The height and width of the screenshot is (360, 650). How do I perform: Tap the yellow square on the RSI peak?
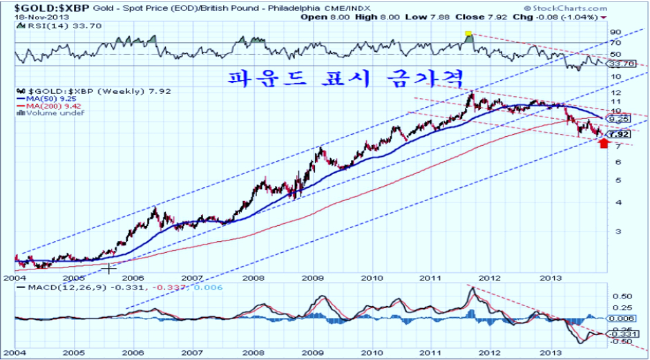[468, 33]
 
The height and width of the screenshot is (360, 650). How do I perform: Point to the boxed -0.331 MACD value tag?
[619, 334]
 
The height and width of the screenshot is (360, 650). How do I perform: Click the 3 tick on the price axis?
[612, 231]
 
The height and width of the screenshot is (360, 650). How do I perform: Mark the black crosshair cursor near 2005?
[110, 267]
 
